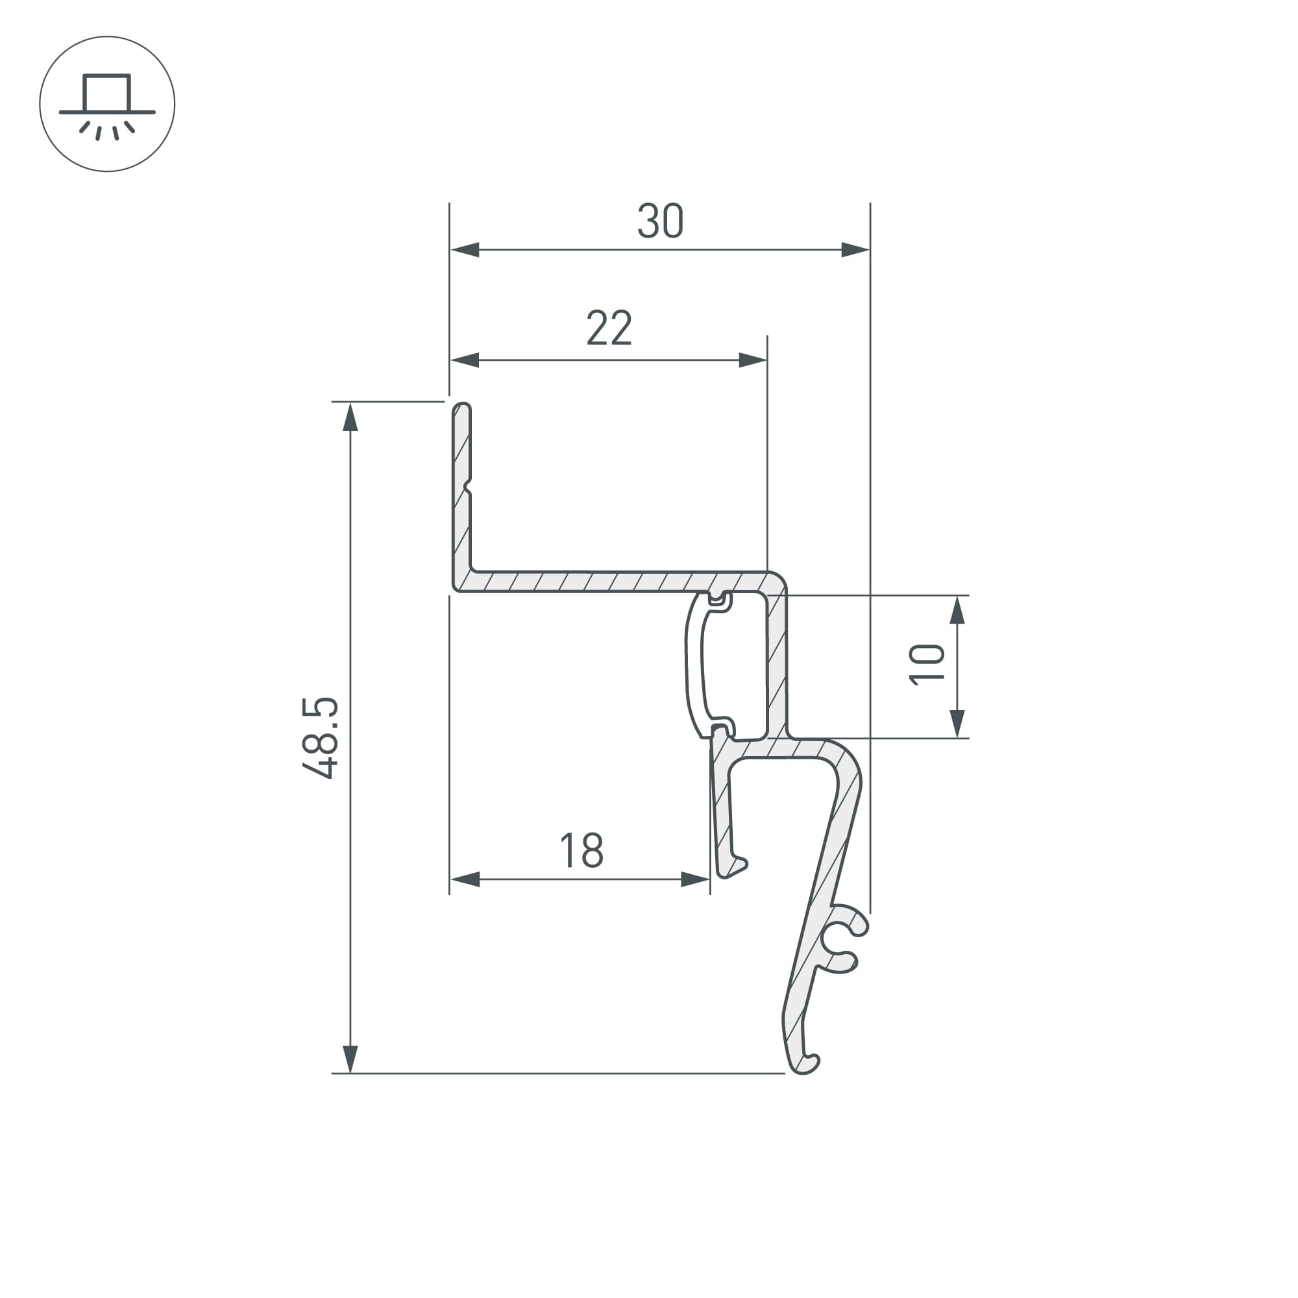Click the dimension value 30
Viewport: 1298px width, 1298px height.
[x=661, y=221]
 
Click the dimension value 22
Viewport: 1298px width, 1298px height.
[x=609, y=328]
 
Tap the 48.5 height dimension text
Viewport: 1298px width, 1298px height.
[x=321, y=739]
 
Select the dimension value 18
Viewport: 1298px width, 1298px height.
[x=582, y=851]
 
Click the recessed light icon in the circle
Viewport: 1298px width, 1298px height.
[x=107, y=104]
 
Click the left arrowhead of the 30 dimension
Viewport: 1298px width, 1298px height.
[x=465, y=250]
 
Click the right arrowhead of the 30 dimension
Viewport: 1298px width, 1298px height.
[x=855, y=250]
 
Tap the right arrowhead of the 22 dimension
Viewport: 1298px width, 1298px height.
[x=752, y=360]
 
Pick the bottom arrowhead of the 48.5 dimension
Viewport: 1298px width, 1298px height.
[x=350, y=1060]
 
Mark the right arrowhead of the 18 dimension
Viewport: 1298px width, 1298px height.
[x=695, y=879]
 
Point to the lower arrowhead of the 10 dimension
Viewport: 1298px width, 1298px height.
[x=958, y=724]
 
